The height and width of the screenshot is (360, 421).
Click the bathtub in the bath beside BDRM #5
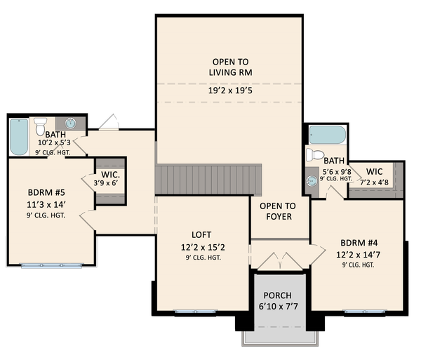pyautogui.click(x=18, y=137)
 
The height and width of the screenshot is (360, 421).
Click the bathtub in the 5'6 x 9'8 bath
pyautogui.click(x=328, y=135)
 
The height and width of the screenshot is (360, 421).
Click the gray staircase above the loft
pyautogui.click(x=208, y=180)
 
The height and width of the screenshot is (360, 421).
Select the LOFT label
pyautogui.click(x=201, y=234)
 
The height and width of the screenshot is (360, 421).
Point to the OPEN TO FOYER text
pyautogui.click(x=277, y=211)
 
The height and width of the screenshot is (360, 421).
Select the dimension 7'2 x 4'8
pyautogui.click(x=373, y=182)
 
